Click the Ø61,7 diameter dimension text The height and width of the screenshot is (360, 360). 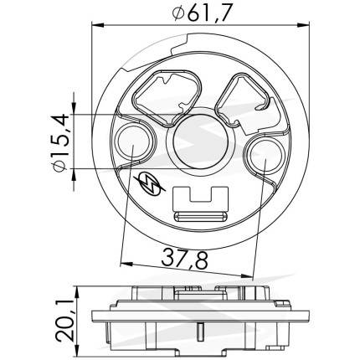(202, 13)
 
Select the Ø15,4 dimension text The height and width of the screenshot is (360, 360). (60, 142)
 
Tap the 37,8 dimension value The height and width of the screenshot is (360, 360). (185, 259)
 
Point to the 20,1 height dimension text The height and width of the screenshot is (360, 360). (64, 321)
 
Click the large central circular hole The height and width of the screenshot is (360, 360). (200, 141)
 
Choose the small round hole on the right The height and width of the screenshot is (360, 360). (265, 155)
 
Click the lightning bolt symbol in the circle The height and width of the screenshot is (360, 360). (150, 184)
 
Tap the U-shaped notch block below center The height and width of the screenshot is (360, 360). (201, 199)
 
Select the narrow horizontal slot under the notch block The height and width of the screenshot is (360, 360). (200, 216)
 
